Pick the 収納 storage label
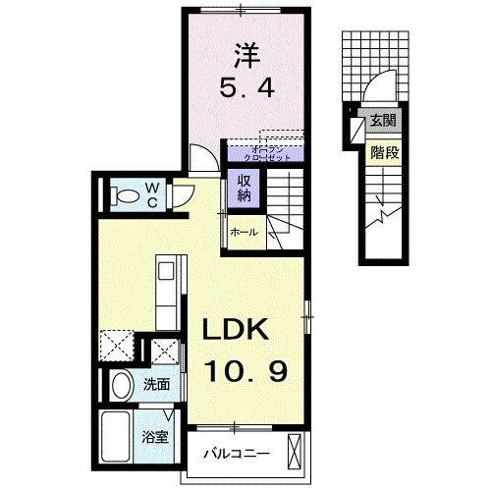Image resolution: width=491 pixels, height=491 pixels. (x=243, y=187)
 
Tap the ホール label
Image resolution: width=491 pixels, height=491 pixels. (x=244, y=233)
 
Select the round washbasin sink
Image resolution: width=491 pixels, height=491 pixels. (x=121, y=385)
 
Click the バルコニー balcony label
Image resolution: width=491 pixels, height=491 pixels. (x=236, y=455)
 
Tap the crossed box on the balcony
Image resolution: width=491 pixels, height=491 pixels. (x=299, y=453)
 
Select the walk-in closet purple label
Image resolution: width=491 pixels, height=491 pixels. (x=264, y=151)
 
